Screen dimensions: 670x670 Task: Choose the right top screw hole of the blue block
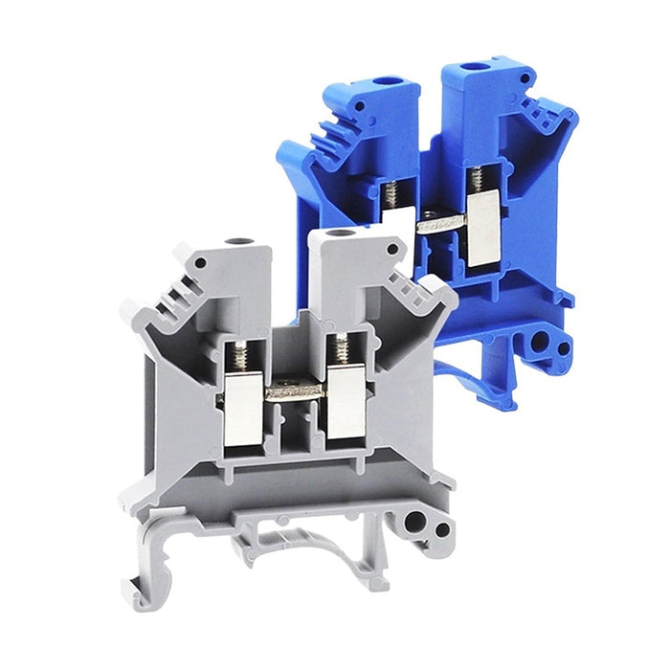click(472, 70)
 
